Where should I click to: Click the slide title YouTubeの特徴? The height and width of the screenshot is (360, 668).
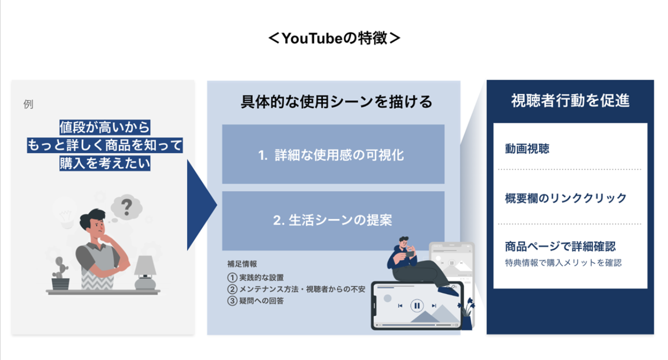tap(334, 38)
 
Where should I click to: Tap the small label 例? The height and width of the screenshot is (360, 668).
tap(28, 104)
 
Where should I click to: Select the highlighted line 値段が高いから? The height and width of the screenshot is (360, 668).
tap(104, 127)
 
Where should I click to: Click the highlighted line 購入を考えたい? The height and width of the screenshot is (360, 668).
tap(104, 164)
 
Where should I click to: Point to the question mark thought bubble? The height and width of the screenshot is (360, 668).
tap(126, 207)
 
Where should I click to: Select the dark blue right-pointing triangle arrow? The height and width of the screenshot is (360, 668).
tap(200, 205)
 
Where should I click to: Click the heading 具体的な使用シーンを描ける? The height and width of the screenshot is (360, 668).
tap(337, 102)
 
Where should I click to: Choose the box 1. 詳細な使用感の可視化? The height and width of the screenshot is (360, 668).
tap(333, 154)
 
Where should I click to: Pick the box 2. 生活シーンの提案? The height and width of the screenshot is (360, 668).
tap(333, 221)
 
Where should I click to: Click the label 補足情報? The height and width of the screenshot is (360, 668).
tap(242, 264)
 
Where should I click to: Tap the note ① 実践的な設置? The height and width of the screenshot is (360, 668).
tap(255, 277)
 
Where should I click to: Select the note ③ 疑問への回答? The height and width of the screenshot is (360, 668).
tap(255, 301)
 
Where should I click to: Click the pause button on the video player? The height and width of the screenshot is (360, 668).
tap(417, 305)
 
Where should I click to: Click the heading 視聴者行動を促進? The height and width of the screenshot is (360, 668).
tap(570, 101)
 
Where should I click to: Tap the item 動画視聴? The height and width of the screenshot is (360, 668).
tap(527, 149)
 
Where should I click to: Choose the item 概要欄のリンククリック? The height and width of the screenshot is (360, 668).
tap(565, 197)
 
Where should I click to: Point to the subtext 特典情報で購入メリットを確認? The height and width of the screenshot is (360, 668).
tap(563, 262)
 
